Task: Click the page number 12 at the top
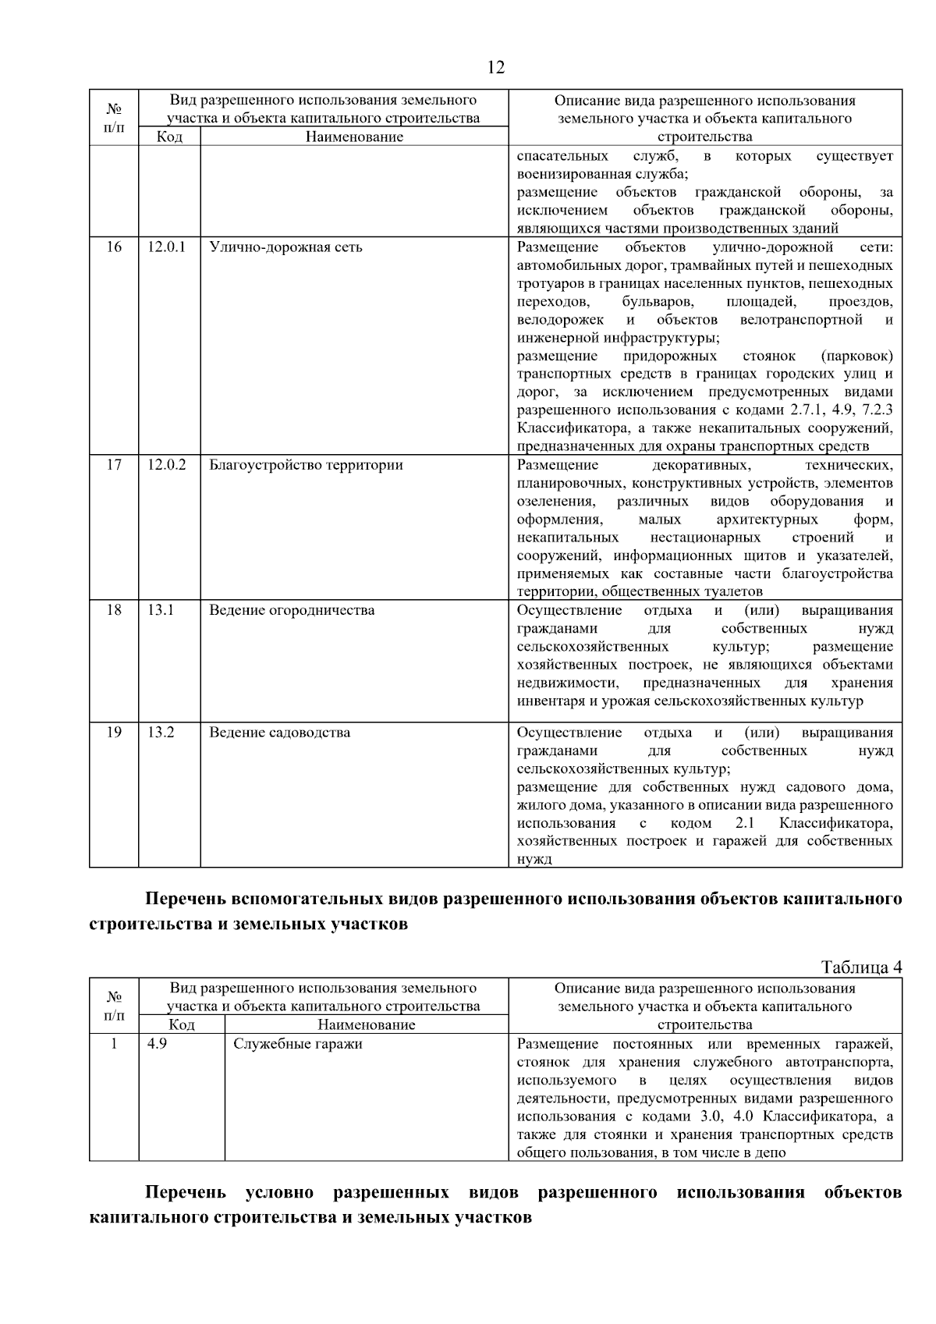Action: click(495, 67)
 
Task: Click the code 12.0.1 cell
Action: click(166, 247)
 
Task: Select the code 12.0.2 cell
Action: click(166, 465)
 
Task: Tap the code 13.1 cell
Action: click(160, 610)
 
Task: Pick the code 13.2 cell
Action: click(160, 733)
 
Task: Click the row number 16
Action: click(114, 247)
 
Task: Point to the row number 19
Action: click(114, 733)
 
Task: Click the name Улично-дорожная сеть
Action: click(285, 247)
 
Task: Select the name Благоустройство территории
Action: click(306, 465)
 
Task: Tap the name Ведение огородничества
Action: click(292, 610)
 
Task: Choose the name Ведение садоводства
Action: click(279, 733)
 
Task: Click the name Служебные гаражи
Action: click(298, 1044)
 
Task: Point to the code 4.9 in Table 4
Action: click(157, 1044)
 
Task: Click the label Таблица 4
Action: click(862, 968)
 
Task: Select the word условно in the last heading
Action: click(279, 1193)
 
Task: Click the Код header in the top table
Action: click(169, 137)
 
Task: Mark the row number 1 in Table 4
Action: click(114, 1044)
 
